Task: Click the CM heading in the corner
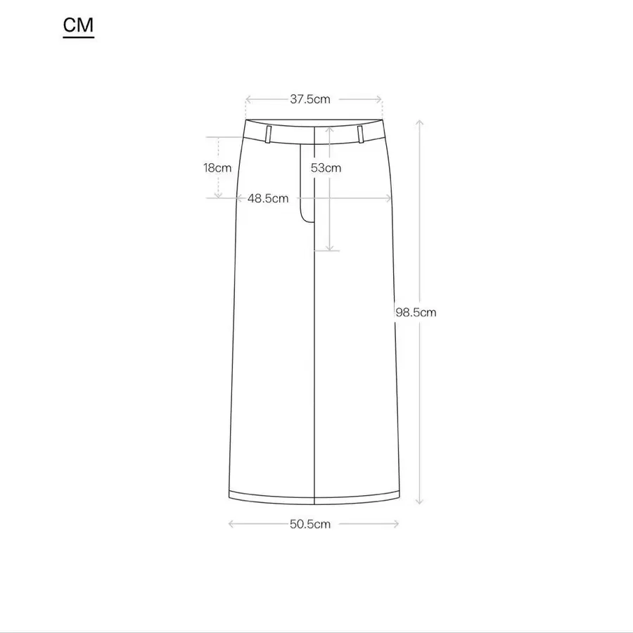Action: [x=78, y=25]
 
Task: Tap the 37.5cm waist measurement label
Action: [x=310, y=99]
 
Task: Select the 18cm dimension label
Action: [x=217, y=168]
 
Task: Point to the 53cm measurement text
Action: [x=326, y=168]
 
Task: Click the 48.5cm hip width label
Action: [x=268, y=198]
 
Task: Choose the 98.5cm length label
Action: [x=416, y=312]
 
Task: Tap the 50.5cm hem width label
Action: [x=310, y=525]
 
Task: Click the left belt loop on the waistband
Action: [x=268, y=134]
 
